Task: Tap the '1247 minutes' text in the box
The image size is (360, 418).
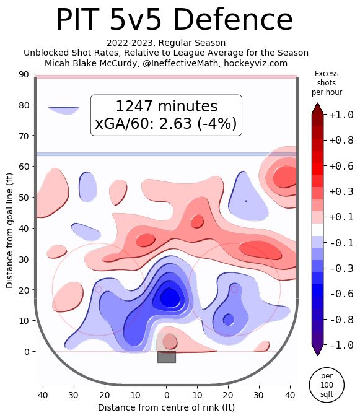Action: (167, 106)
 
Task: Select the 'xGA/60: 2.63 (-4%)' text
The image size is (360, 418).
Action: (166, 123)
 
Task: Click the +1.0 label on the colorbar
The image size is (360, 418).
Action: (341, 115)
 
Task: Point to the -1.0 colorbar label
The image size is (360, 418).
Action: (341, 345)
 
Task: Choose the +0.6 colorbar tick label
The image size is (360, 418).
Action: (341, 167)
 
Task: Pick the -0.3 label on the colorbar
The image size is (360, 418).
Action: (341, 268)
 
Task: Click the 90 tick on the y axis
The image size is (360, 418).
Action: (24, 74)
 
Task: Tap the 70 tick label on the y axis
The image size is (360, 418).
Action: (24, 136)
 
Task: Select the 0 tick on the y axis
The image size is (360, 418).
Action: (27, 352)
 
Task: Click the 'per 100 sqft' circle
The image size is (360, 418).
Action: (327, 385)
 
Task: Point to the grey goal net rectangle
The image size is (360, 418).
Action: (167, 357)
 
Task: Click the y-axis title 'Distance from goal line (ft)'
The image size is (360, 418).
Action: (9, 231)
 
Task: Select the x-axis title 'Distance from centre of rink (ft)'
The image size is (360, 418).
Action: (167, 407)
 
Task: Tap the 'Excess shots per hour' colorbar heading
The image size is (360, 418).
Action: (327, 82)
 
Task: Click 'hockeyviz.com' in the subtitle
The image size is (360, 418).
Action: (255, 63)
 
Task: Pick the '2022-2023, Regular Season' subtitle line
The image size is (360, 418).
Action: (166, 43)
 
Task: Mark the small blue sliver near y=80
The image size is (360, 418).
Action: (64, 110)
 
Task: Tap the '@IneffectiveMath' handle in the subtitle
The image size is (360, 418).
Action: (180, 63)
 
